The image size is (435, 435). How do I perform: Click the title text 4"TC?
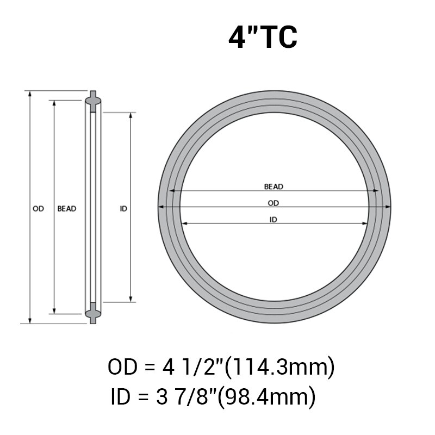263,37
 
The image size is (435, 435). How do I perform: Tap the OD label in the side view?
38,208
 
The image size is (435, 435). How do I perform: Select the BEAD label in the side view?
67,208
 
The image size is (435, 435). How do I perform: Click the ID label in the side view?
123,208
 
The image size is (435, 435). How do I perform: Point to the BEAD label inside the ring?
274,187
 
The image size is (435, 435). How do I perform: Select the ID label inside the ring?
274,220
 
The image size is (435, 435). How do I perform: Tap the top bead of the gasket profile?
93,100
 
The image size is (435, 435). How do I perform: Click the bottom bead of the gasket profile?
93,314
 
